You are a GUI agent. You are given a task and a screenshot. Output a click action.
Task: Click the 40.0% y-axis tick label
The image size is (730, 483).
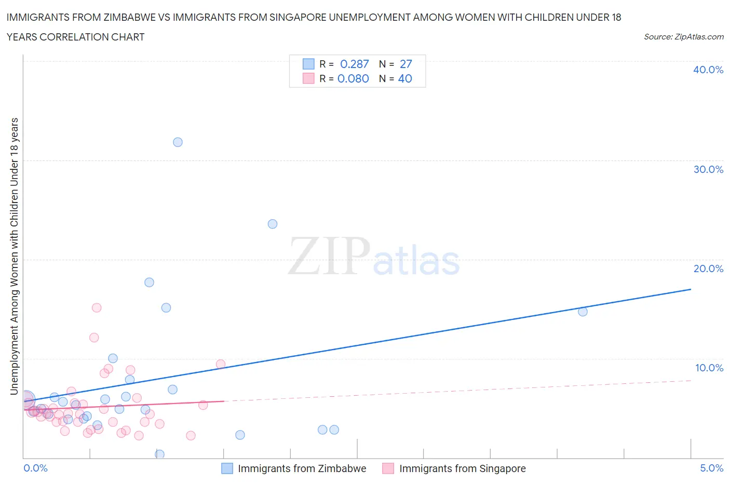(708, 70)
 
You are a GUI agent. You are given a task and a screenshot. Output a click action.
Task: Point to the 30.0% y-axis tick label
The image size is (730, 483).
(708, 169)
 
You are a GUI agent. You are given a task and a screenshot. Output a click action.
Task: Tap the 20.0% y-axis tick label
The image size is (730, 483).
(708, 269)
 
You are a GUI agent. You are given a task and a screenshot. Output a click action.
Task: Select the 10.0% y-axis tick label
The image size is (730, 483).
(709, 368)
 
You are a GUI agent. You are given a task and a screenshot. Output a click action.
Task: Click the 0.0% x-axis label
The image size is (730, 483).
(35, 468)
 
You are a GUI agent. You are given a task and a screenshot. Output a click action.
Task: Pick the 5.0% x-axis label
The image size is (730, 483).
(711, 468)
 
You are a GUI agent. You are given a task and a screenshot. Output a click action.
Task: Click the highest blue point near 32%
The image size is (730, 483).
(178, 142)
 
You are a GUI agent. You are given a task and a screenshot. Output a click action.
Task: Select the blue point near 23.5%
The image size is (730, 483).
(273, 224)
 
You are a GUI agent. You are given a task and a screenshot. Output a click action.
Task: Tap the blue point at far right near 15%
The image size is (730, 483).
(583, 312)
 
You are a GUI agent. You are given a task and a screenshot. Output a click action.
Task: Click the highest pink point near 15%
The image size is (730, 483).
(97, 307)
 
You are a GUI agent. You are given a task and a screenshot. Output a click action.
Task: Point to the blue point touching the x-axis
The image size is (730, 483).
(160, 454)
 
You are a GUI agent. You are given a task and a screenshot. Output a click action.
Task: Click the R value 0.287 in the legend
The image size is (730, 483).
(354, 64)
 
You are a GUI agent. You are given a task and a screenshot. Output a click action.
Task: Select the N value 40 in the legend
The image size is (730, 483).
(405, 78)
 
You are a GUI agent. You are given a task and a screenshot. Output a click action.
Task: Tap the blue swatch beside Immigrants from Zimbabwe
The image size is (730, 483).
(227, 468)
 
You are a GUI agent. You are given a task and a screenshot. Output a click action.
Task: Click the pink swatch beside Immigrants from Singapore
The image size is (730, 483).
(388, 468)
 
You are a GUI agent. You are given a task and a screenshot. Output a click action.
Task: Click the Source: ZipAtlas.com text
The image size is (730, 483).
(683, 37)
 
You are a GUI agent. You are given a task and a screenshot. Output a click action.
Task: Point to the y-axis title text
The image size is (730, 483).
(14, 256)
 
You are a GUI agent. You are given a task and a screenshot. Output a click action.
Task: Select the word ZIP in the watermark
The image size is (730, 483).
(329, 256)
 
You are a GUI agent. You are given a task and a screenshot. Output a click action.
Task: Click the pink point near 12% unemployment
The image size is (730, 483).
(94, 338)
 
